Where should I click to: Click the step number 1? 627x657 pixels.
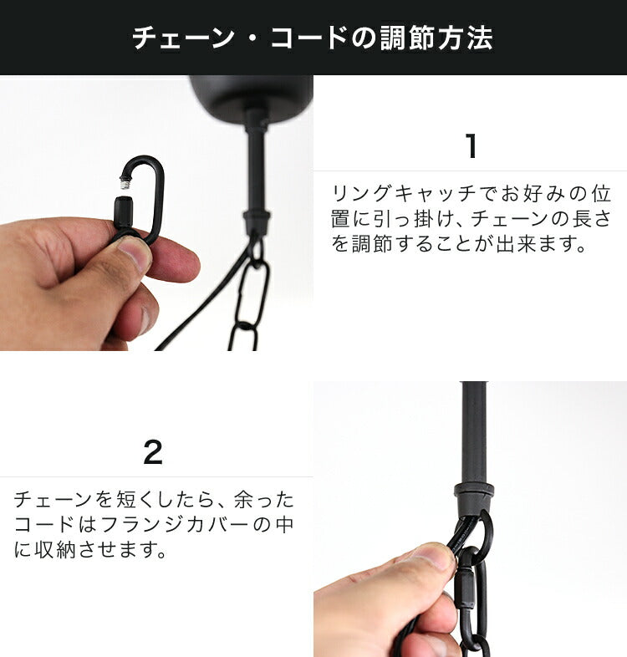pyautogui.click(x=472, y=145)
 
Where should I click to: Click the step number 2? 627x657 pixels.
pyautogui.click(x=153, y=452)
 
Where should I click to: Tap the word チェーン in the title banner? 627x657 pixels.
pyautogui.click(x=184, y=38)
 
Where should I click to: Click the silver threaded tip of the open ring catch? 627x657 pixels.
pyautogui.click(x=124, y=183)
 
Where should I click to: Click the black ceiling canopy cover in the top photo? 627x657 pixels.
pyautogui.click(x=252, y=93)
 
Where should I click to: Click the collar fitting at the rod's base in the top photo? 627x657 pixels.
pyautogui.click(x=257, y=220)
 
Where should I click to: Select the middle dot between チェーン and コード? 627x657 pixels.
pyautogui.click(x=252, y=38)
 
